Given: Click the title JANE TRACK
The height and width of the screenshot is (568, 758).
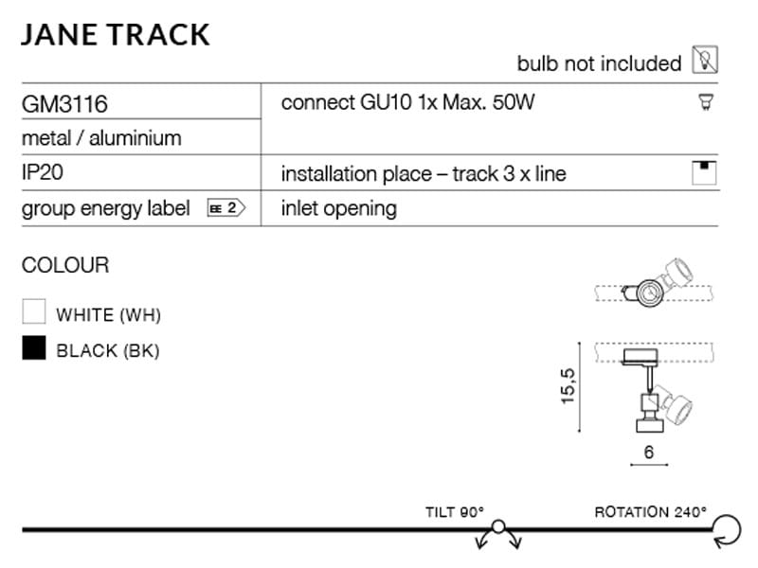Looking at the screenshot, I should (115, 34).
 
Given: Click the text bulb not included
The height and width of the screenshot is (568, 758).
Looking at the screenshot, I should (599, 63).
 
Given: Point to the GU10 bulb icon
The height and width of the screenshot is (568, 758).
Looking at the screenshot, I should (704, 101).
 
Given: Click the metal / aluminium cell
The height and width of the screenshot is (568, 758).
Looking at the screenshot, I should (101, 137).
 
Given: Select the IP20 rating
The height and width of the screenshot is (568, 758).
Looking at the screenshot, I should (43, 174).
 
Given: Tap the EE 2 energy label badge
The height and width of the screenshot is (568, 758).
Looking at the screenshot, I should (226, 208).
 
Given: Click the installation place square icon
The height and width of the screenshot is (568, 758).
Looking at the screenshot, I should (704, 173).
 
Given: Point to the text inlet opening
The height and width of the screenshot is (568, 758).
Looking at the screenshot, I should (338, 208).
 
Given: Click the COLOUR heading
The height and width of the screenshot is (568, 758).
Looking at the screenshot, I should (65, 265).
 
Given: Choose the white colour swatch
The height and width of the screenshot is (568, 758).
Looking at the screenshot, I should (34, 312).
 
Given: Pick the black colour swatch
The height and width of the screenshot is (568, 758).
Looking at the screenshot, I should (34, 349).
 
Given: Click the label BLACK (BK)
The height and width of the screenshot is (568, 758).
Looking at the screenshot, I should (108, 350).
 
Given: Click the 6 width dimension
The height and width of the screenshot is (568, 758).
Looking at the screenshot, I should (649, 453).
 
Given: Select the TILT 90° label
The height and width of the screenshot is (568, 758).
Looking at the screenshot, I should (455, 512).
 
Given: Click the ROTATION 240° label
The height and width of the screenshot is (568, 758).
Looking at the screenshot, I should (650, 512).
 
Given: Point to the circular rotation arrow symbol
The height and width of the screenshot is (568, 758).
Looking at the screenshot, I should (728, 530).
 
